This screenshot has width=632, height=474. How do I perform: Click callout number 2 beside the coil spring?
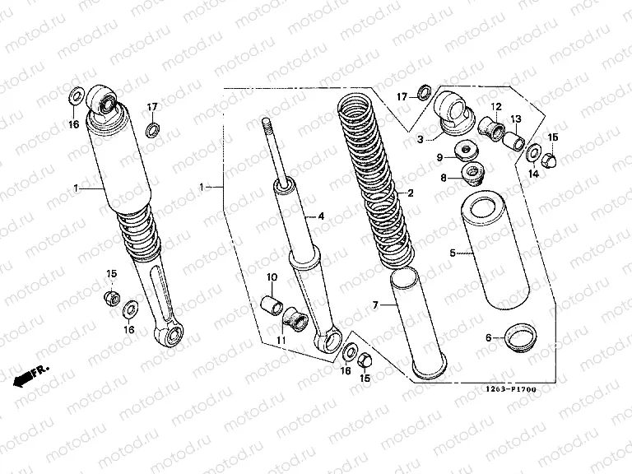point(410,193)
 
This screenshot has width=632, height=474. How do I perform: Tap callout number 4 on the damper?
point(322,216)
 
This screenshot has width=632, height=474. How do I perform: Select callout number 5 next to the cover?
point(452,254)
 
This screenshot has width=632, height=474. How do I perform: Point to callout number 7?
point(375,305)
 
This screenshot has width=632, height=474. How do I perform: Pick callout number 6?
point(488,337)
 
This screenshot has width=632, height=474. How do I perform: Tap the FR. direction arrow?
point(30,376)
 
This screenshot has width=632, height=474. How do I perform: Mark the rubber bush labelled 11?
point(295,317)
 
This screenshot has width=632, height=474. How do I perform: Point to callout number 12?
point(497,107)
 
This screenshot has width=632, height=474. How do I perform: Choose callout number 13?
point(515,119)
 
